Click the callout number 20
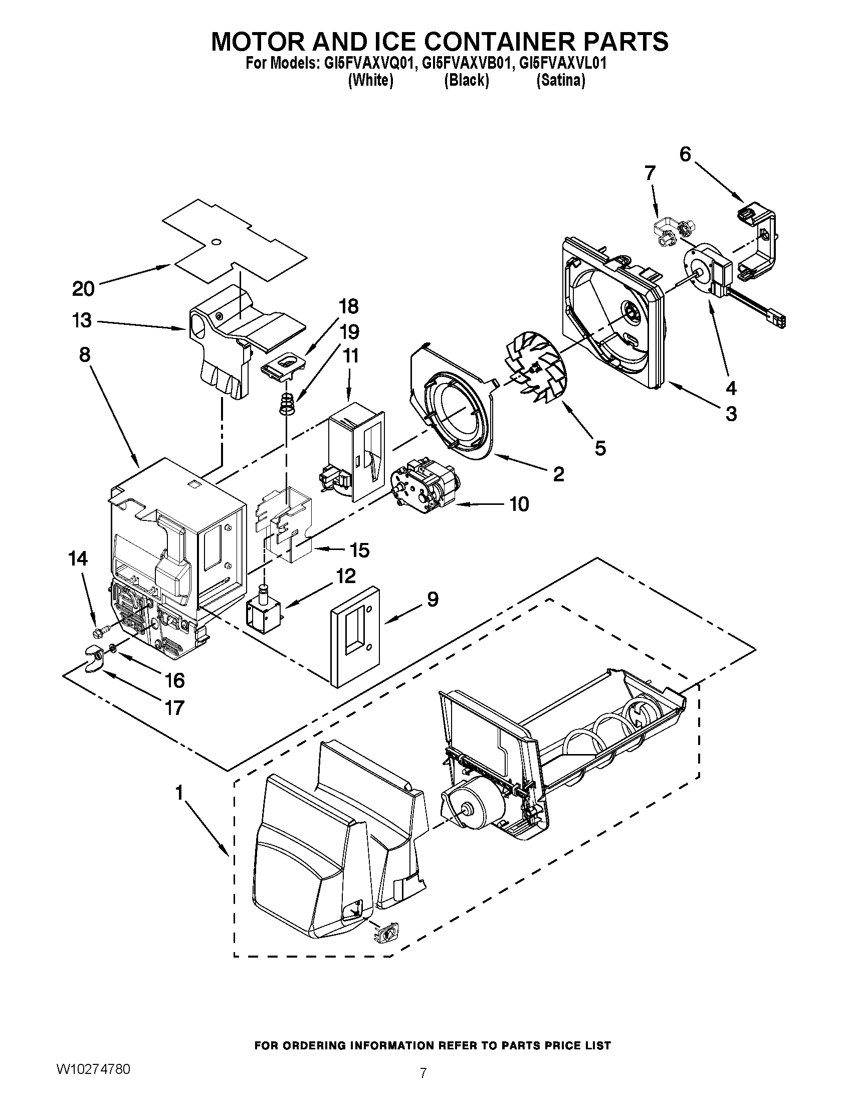tap(83, 289)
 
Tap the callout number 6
tap(685, 154)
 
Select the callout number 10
tap(519, 503)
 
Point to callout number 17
tap(174, 707)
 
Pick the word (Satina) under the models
tap(560, 81)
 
